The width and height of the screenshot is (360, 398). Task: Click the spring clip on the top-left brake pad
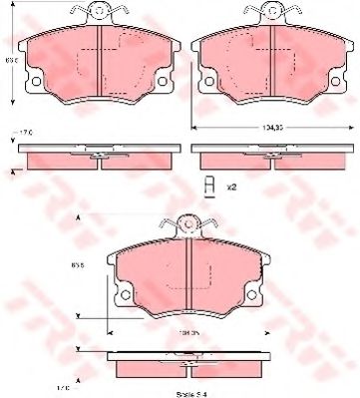click(98, 12)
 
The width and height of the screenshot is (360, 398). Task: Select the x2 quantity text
click(231, 186)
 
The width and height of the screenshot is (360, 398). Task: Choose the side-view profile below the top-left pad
click(96, 156)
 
